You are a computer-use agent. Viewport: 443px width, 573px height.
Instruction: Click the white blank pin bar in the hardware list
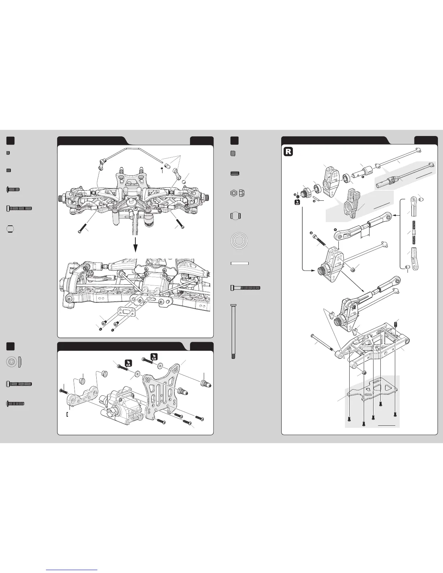click(239, 263)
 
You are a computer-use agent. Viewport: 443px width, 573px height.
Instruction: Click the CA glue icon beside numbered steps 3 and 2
click(297, 203)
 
